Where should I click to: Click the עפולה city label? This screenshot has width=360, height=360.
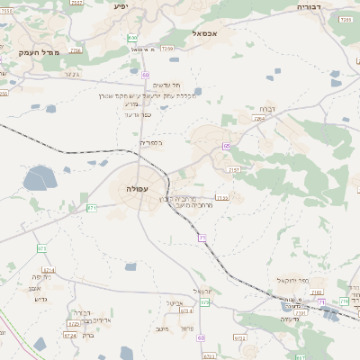pyautogui.click(x=138, y=189)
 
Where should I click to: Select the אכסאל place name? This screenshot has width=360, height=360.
pyautogui.click(x=206, y=31)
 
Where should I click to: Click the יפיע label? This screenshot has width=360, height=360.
pyautogui.click(x=121, y=6)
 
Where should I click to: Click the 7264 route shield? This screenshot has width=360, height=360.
pyautogui.click(x=259, y=118)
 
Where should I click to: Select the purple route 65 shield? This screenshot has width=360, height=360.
pyautogui.click(x=227, y=145)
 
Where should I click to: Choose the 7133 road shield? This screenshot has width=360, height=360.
pyautogui.click(x=222, y=197)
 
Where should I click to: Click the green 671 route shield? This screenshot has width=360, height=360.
pyautogui.click(x=91, y=208)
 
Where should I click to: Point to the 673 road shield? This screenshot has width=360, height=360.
pyautogui.click(x=41, y=248)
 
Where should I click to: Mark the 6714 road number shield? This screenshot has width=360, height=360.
pyautogui.click(x=48, y=269)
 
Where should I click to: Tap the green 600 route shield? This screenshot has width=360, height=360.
pyautogui.click(x=133, y=38)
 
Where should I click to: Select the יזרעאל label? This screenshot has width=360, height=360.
pyautogui.click(x=202, y=290)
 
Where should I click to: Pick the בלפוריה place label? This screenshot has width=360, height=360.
pyautogui.click(x=148, y=141)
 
